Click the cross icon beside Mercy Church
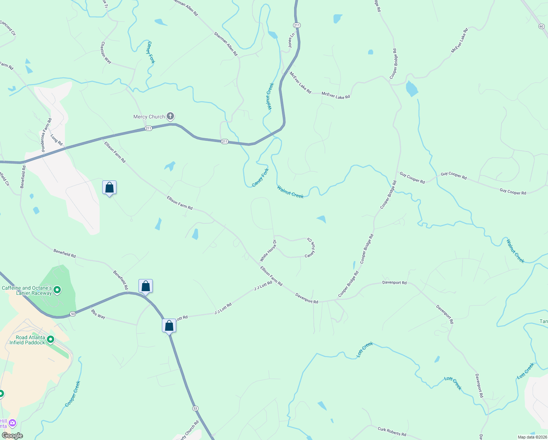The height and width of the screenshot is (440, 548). coord(170,117)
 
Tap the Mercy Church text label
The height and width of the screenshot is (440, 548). coord(149,117)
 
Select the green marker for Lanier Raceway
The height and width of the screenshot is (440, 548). coord(57,290)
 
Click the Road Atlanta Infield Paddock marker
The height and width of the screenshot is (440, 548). coord(51,340)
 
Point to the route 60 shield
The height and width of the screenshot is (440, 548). coord(541,26)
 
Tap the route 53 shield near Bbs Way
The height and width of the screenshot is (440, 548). coord(73,314)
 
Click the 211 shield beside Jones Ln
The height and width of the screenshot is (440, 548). coord(297,25)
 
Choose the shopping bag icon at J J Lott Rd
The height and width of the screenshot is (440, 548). coord(169,325)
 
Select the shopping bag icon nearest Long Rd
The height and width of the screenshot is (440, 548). coord(109,188)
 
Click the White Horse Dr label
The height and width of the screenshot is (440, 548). coord(268,250)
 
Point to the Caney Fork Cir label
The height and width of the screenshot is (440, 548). coord(310,247)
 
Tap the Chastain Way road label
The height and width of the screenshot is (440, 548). coord(106,52)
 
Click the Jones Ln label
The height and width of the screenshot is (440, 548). coord(291,41)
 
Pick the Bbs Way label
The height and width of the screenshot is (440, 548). coord(98,314)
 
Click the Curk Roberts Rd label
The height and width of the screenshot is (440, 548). coord(392,432)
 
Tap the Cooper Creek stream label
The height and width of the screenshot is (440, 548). coord(73,394)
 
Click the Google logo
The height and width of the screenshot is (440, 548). coord(12,436)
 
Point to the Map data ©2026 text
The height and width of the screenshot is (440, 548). coord(532,437)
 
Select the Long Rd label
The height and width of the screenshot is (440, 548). coord(56,140)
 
